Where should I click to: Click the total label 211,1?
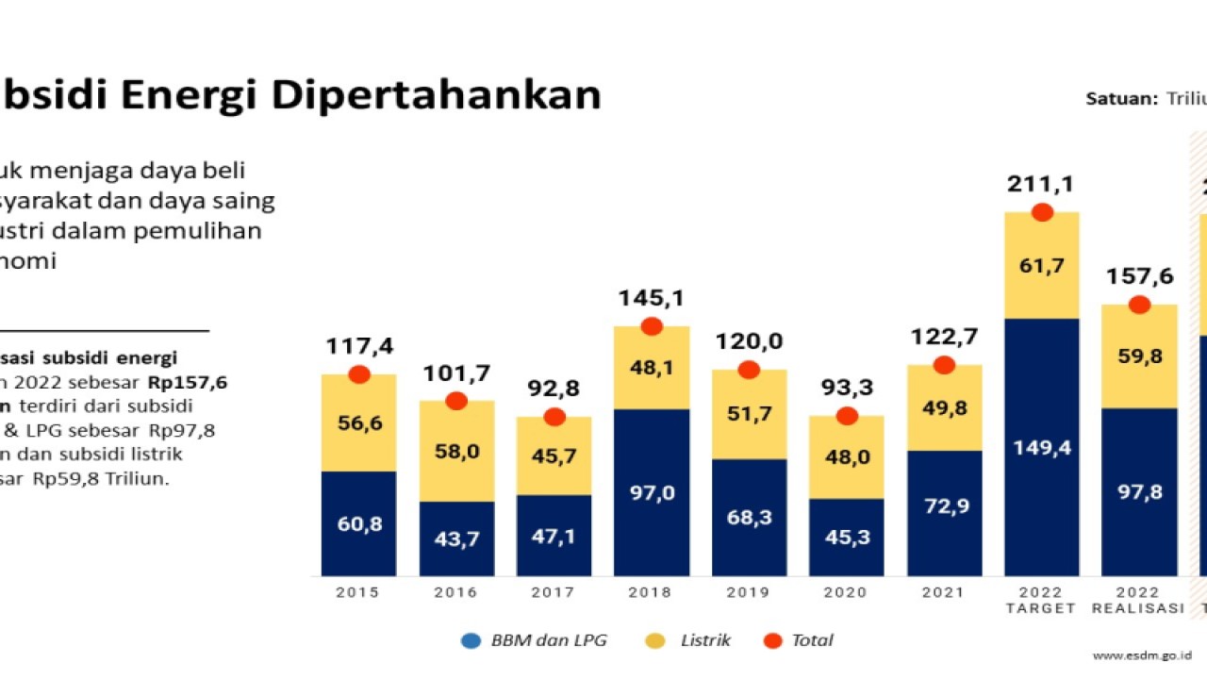tap(1042, 183)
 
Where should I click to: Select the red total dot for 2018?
tap(651, 326)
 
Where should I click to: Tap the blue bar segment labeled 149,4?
tap(1042, 447)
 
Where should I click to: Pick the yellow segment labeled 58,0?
tap(456, 452)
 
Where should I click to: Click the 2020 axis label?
tap(846, 592)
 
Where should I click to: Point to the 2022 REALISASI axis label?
tap(1138, 600)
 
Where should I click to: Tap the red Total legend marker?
tap(773, 640)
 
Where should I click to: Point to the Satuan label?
tap(1121, 99)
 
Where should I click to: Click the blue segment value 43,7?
tap(456, 538)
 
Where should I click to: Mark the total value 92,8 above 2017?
tap(554, 389)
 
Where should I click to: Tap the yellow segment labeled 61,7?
tap(1042, 266)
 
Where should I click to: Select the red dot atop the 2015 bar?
tap(358, 374)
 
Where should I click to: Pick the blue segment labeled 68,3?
tap(749, 517)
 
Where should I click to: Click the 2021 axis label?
tap(944, 592)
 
